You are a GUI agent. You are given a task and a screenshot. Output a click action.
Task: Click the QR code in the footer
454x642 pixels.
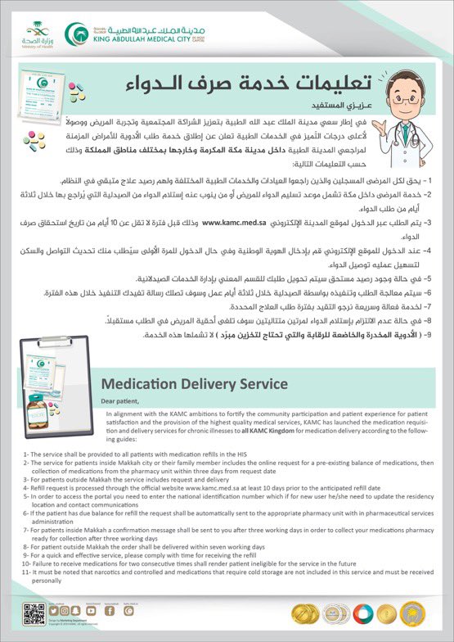click(x=33, y=613)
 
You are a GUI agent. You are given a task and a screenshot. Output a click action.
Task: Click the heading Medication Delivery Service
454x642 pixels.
click(x=193, y=383)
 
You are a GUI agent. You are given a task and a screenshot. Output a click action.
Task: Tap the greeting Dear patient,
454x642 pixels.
click(x=121, y=401)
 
